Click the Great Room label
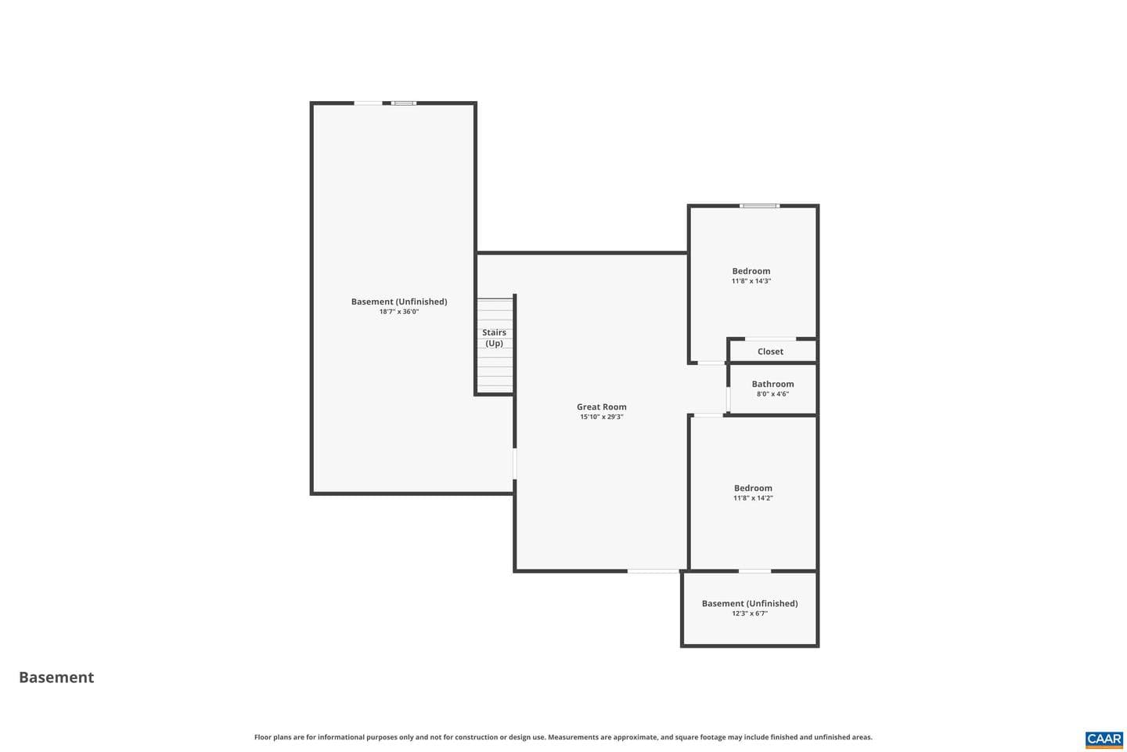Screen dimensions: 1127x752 pyautogui.click(x=601, y=407)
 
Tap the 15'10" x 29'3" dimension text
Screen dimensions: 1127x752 pyautogui.click(x=601, y=417)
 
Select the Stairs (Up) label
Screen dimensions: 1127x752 pyautogui.click(x=494, y=338)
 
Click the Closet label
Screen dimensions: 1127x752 pyautogui.click(x=770, y=352)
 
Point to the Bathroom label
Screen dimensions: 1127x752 pyautogui.click(x=772, y=384)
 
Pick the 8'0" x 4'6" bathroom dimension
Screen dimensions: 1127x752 pyautogui.click(x=772, y=394)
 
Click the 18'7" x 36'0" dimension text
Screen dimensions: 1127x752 pyautogui.click(x=399, y=312)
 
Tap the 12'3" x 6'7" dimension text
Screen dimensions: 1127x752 pyautogui.click(x=750, y=613)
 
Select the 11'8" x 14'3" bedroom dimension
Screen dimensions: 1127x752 pyautogui.click(x=751, y=281)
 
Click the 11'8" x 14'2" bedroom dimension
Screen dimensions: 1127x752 pyautogui.click(x=753, y=498)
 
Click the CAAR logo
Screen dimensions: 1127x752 pyautogui.click(x=1104, y=740)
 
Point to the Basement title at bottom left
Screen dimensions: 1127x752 pyautogui.click(x=56, y=678)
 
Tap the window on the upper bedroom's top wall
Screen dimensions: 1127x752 pyautogui.click(x=760, y=205)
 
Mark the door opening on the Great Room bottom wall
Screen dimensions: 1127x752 pyautogui.click(x=654, y=571)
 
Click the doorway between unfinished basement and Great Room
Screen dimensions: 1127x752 pyautogui.click(x=515, y=464)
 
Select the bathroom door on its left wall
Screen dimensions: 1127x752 pyautogui.click(x=728, y=399)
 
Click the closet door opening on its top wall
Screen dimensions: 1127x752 pyautogui.click(x=770, y=338)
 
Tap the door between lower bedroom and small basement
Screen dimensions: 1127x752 pyautogui.click(x=754, y=571)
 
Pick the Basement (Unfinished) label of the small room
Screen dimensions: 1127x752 pyautogui.click(x=750, y=603)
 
